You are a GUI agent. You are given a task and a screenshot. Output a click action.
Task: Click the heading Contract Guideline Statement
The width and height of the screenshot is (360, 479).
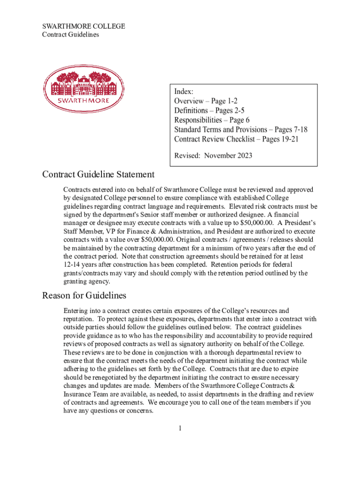98,174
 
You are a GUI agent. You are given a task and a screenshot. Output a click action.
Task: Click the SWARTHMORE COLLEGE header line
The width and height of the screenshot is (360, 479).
84,26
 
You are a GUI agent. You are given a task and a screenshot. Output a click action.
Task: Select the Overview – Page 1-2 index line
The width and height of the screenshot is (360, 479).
206,101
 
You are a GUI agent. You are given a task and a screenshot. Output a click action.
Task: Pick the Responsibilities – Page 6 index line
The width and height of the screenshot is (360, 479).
212,120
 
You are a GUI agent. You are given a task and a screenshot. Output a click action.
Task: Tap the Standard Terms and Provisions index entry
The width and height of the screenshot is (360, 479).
241,130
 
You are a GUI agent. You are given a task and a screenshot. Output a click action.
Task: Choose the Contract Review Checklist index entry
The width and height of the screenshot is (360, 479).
236,139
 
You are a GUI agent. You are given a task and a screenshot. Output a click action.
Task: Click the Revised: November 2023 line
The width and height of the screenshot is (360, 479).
213,155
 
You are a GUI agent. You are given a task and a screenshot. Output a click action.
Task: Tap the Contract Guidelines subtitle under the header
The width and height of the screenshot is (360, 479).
71,35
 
